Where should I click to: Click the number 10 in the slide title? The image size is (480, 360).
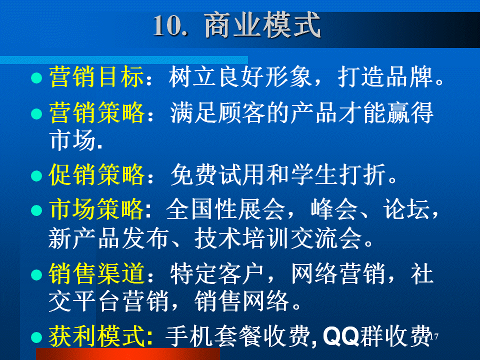click(168, 25)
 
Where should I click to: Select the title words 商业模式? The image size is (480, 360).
click(262, 25)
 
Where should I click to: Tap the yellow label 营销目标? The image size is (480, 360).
click(96, 77)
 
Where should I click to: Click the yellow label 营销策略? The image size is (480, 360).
click(96, 113)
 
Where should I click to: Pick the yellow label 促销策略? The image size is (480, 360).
click(96, 174)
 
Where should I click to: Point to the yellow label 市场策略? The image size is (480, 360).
click(96, 209)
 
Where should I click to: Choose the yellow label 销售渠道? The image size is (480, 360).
click(96, 273)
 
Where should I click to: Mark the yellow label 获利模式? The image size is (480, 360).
click(96, 336)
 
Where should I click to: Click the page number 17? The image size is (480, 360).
click(434, 336)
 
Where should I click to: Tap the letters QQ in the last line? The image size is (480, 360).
click(341, 336)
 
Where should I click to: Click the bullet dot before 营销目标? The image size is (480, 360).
click(36, 78)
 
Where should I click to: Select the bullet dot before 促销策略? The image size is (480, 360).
click(36, 175)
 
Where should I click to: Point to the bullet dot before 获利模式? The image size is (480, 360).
click(36, 337)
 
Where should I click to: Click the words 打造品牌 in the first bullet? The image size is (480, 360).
click(385, 77)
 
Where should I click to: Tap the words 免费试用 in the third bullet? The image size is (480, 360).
click(217, 174)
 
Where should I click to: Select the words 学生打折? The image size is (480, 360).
click(338, 174)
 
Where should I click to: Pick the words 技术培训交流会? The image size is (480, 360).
click(278, 238)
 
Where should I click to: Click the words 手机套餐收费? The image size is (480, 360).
click(237, 336)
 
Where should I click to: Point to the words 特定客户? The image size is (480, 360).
click(216, 273)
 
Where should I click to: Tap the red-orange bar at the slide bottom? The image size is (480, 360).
click(128, 354)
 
